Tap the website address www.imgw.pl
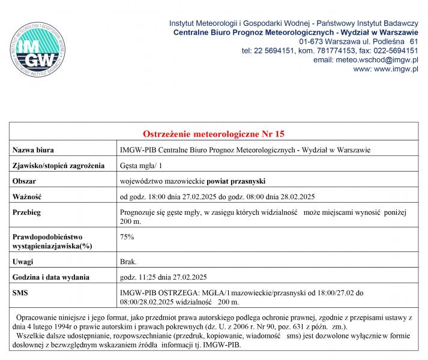(394, 70)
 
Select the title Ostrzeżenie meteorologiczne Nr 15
(214, 133)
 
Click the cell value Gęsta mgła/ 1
(141, 165)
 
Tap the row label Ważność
(28, 196)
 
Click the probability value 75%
(127, 237)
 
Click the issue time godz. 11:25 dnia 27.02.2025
(164, 277)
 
